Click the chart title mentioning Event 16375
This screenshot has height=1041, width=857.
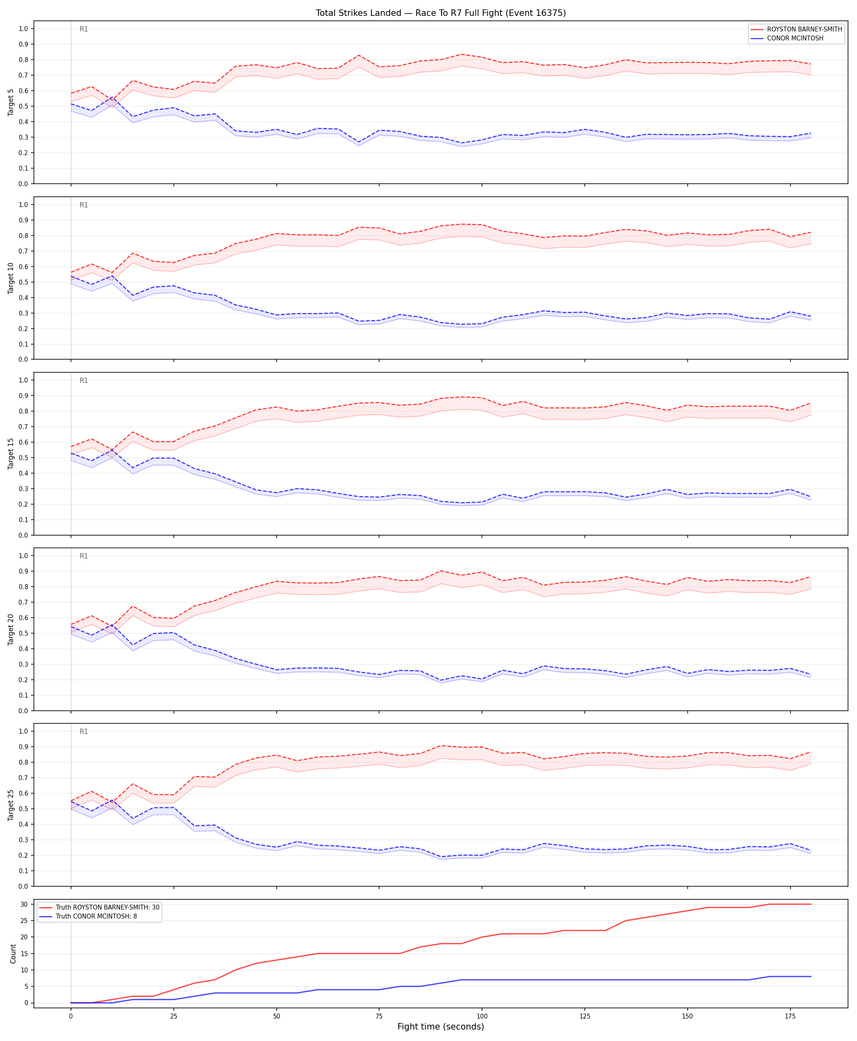pyautogui.click(x=440, y=13)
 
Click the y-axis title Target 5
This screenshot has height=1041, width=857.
pyautogui.click(x=11, y=102)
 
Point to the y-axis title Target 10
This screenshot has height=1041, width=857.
pyautogui.click(x=11, y=278)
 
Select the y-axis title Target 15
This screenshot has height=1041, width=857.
pyautogui.click(x=11, y=453)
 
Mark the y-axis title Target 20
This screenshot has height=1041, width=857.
pyautogui.click(x=11, y=629)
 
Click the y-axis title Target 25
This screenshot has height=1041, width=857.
pyautogui.click(x=11, y=805)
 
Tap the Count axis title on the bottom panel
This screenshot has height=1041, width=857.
pyautogui.click(x=13, y=954)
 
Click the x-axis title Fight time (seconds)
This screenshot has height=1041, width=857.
pyautogui.click(x=440, y=1026)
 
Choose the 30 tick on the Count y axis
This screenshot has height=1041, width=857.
pyautogui.click(x=24, y=904)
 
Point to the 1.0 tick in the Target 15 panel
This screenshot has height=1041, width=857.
pyautogui.click(x=23, y=380)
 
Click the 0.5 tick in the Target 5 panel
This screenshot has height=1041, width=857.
pyautogui.click(x=23, y=106)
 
